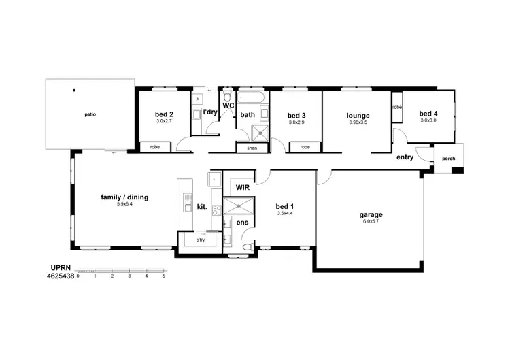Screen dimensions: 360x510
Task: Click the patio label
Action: coord(90,114)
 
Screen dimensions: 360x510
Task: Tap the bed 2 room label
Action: coord(164,114)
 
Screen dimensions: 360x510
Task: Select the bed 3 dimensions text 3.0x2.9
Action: coord(296,122)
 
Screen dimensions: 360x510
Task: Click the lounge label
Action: coord(357,116)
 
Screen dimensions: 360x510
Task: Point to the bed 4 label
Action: coord(428,114)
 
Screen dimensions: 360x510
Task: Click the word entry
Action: coord(405,157)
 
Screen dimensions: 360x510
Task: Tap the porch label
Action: coord(449,159)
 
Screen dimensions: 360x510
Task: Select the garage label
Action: coord(371,214)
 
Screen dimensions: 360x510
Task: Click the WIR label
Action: coord(242,186)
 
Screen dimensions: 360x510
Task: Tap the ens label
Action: coord(242,222)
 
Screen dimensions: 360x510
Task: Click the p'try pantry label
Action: coord(201,240)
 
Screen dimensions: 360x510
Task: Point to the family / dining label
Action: coord(124,197)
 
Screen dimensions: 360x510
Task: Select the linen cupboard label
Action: coord(252,148)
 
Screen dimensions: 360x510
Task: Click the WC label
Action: coord(228,105)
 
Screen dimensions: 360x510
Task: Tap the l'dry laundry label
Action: coord(210,112)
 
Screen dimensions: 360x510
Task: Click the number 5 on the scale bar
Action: coord(163,276)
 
